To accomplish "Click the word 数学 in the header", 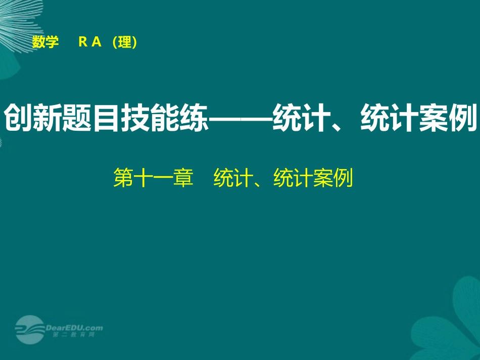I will [x=45, y=43].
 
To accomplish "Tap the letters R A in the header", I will [x=90, y=43].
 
